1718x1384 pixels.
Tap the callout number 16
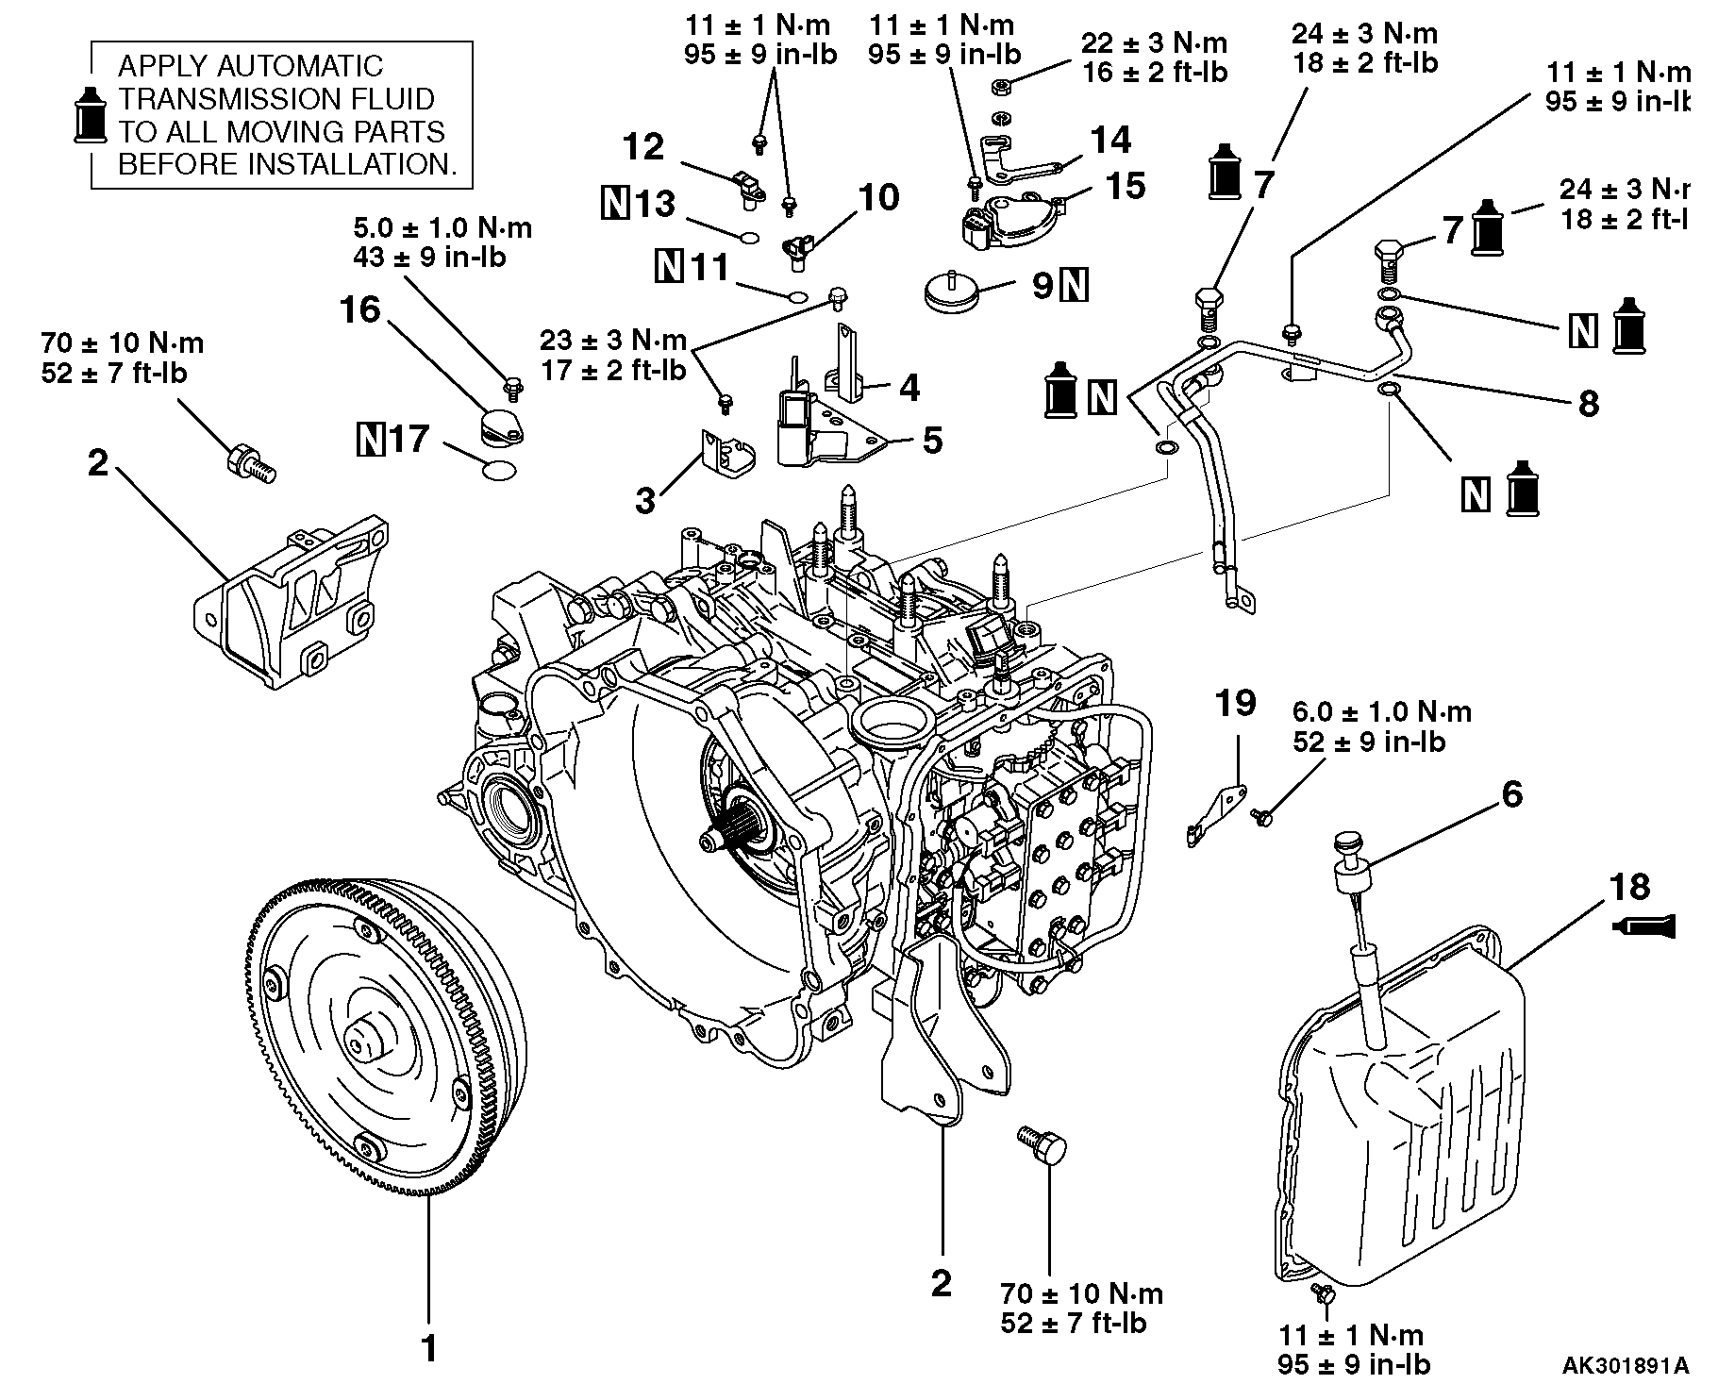[361, 309]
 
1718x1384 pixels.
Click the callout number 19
[1236, 704]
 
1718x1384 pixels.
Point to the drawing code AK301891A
[1625, 1365]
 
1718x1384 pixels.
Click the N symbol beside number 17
[372, 440]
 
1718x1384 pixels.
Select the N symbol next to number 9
[1075, 285]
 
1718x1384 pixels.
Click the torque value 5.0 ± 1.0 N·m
[442, 228]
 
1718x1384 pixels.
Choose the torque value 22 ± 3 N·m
[1155, 43]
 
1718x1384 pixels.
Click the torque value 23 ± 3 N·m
[613, 340]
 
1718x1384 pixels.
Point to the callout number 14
[1110, 141]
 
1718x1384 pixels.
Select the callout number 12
[643, 147]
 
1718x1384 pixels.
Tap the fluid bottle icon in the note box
[91, 116]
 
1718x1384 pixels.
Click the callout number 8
[1588, 404]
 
